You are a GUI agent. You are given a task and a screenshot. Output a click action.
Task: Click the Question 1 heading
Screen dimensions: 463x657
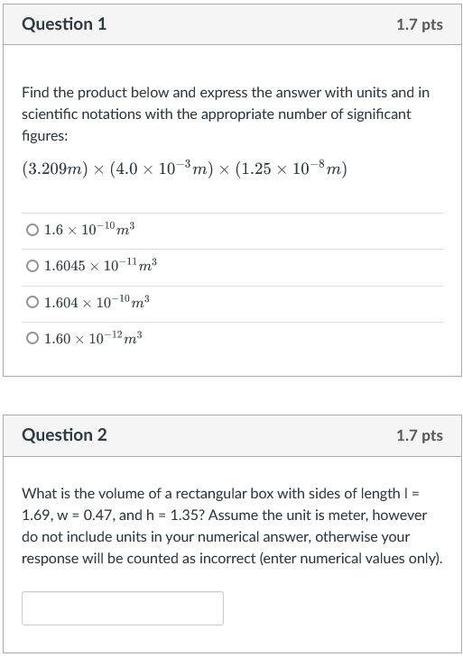coord(64,25)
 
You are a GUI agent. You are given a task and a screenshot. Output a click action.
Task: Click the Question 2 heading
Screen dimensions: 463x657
coord(64,435)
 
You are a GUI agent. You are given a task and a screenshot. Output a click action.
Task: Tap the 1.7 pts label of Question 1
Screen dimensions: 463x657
coord(420,25)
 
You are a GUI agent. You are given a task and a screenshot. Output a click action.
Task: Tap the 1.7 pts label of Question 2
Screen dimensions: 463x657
coord(420,435)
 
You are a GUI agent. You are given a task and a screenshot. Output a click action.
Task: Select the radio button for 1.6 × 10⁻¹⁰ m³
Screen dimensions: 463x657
coord(32,232)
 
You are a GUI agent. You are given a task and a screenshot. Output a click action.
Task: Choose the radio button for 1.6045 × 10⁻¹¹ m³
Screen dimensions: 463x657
coord(32,267)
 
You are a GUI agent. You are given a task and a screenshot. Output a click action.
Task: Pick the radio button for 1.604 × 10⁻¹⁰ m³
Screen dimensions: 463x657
coord(32,303)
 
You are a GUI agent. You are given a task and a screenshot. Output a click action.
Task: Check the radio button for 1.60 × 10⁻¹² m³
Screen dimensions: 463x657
coord(32,339)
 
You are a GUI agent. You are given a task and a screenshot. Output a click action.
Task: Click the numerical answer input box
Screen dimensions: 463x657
coord(123,608)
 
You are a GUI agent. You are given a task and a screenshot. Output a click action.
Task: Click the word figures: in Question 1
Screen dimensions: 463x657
coord(44,135)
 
